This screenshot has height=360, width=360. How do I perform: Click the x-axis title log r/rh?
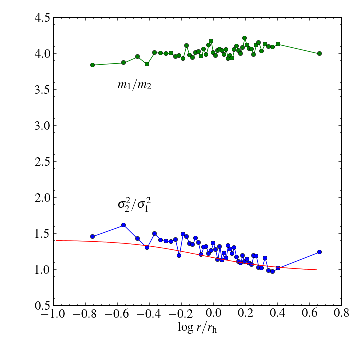coord(197,328)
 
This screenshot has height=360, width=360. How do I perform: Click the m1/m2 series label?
coord(134,85)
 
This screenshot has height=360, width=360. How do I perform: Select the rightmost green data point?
coord(319,53)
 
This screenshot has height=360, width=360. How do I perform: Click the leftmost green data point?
coord(92,65)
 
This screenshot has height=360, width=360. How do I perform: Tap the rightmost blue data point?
coord(319,252)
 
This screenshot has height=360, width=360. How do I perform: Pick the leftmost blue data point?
coord(92,236)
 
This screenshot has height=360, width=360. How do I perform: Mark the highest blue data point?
coord(123,225)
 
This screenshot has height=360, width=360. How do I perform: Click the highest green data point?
coord(245,38)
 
